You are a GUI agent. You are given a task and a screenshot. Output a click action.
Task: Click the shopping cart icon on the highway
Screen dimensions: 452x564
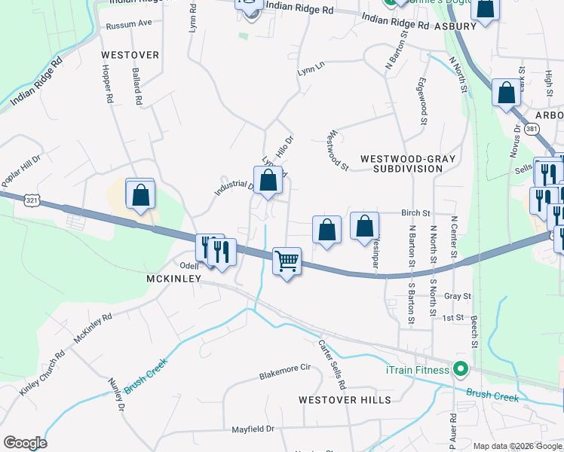[287, 261]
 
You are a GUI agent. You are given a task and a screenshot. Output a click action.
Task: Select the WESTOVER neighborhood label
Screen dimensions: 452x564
[130, 55]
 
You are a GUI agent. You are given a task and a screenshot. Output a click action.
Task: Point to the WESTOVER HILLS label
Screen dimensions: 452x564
[345, 399]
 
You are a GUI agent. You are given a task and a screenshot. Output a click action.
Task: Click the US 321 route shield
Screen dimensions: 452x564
[32, 201]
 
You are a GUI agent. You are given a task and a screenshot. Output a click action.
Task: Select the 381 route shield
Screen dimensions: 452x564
[533, 129]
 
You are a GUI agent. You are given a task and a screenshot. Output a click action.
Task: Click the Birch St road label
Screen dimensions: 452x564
[415, 213]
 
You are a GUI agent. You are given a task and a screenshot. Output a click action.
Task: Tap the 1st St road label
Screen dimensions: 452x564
[452, 318]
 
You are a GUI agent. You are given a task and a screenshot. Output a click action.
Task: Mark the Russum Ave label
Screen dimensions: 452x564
[129, 23]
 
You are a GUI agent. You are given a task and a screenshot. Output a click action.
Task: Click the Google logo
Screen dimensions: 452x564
[25, 443]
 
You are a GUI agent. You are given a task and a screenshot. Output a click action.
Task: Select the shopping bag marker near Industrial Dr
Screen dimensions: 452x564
[268, 180]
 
